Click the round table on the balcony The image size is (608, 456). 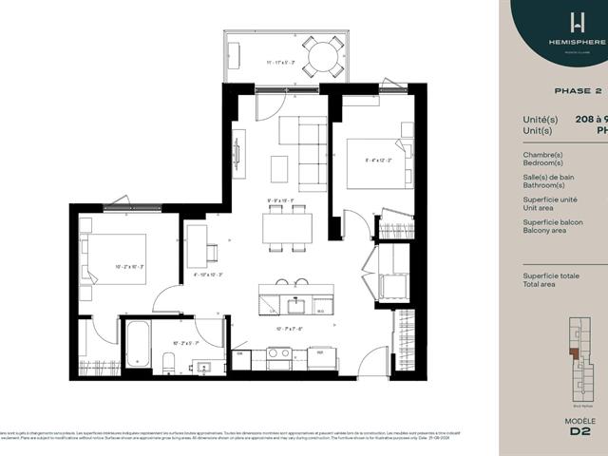(x=324, y=55)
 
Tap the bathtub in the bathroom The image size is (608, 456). (x=138, y=343)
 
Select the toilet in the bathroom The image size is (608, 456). (x=168, y=362)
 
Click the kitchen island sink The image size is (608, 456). (x=295, y=306)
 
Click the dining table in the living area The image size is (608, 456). (x=287, y=227)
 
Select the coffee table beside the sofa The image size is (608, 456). (x=278, y=168)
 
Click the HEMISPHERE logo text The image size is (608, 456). (x=576, y=44)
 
